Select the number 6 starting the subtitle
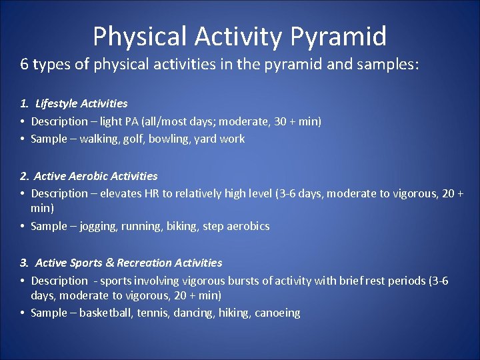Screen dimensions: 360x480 [x=24, y=65]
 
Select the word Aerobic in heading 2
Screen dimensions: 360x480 [x=89, y=176]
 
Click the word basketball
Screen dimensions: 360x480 [x=106, y=313]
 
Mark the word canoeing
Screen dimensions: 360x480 [x=277, y=313]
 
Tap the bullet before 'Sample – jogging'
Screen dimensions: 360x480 [x=23, y=226]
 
